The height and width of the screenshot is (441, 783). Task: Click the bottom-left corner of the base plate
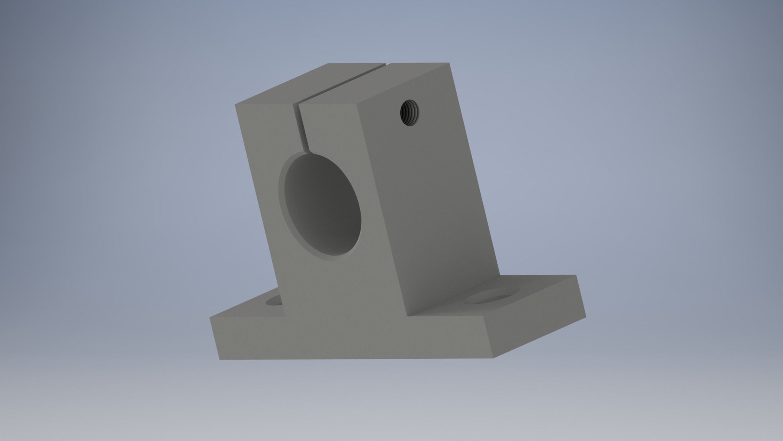pos(220,359)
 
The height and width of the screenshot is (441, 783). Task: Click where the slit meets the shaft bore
pos(305,152)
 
